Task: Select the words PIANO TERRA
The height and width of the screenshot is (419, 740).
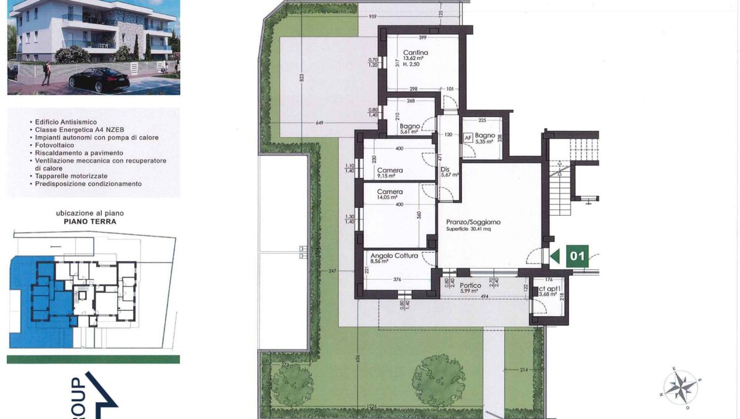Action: point(94,222)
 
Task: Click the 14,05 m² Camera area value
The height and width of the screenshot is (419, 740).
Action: point(390,198)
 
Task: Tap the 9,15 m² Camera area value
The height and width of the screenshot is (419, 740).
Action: point(390,177)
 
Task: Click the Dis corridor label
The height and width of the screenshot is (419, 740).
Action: point(446,167)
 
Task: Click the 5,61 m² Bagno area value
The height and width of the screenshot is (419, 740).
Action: point(409,131)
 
